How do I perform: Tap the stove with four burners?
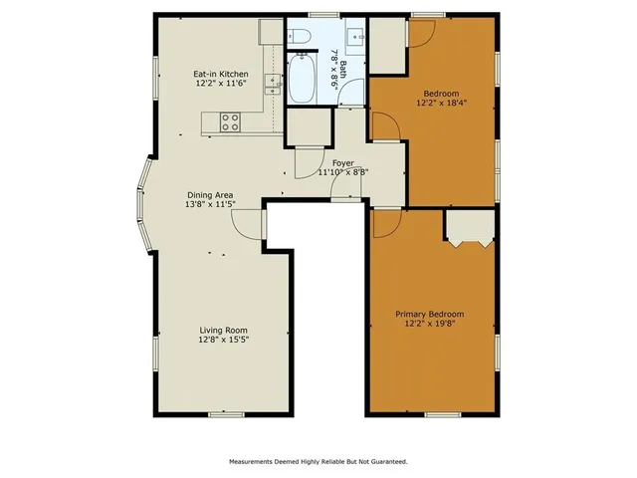pos(230,122)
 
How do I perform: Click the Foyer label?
pos(342,162)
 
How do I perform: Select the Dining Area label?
pos(210,194)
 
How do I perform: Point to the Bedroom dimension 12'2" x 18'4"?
pos(443,102)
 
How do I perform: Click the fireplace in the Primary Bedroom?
pos(469,231)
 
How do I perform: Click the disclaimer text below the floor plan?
pos(318,461)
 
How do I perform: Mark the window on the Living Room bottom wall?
pos(223,413)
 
